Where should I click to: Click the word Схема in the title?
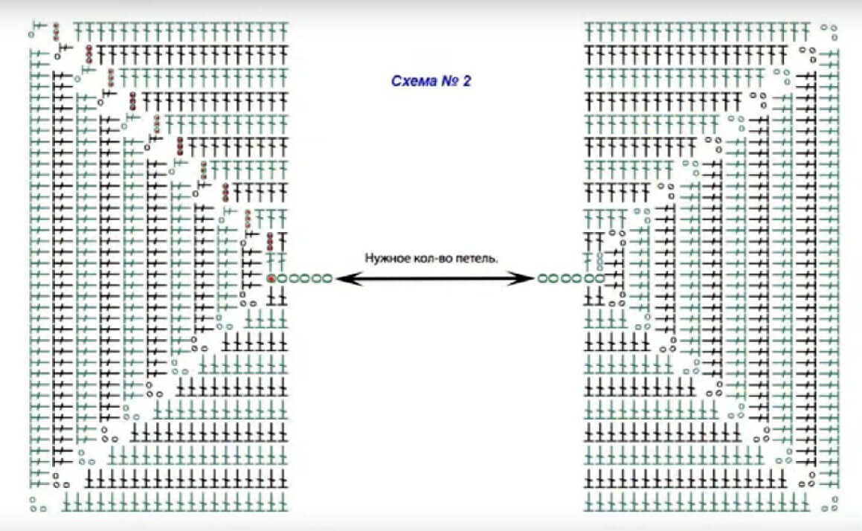(412, 81)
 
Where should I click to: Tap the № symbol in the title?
(448, 81)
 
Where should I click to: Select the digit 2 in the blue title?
(466, 81)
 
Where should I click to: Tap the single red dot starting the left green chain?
(271, 279)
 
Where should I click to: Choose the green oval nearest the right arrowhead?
(542, 279)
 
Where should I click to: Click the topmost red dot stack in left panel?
(56, 31)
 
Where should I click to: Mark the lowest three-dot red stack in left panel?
(270, 240)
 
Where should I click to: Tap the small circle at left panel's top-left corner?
(32, 33)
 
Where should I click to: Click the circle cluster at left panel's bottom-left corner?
(36, 505)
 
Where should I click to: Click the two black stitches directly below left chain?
(277, 297)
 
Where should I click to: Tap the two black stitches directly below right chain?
(593, 297)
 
